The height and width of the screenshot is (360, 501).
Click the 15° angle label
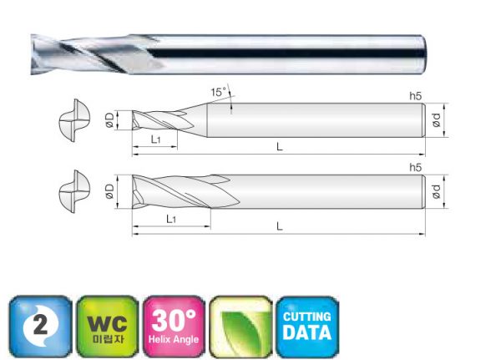(x=218, y=92)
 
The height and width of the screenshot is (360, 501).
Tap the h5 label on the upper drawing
(x=415, y=96)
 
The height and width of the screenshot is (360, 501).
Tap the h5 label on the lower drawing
(x=415, y=167)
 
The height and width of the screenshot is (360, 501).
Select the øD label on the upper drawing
(x=109, y=120)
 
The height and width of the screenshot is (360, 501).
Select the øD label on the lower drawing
(x=109, y=191)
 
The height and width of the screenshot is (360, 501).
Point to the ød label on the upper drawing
(x=436, y=120)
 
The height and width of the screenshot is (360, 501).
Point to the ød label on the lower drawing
(x=436, y=191)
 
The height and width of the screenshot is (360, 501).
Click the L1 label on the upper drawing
(x=155, y=139)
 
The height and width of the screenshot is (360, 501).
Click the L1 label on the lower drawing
(x=171, y=219)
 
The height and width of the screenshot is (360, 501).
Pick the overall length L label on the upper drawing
(x=280, y=147)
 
